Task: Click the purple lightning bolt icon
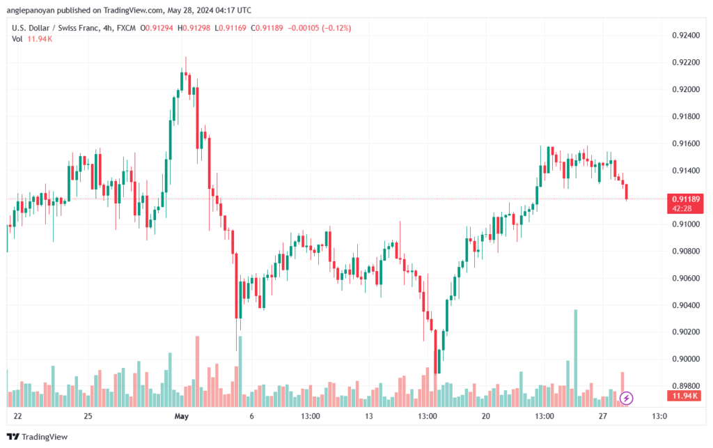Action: click(626, 398)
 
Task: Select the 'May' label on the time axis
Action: click(181, 417)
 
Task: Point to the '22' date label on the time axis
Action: click(17, 417)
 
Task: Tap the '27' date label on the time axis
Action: click(603, 417)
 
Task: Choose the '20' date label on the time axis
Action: click(485, 417)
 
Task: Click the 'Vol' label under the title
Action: click(17, 38)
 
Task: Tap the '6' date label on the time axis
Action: click(251, 417)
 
